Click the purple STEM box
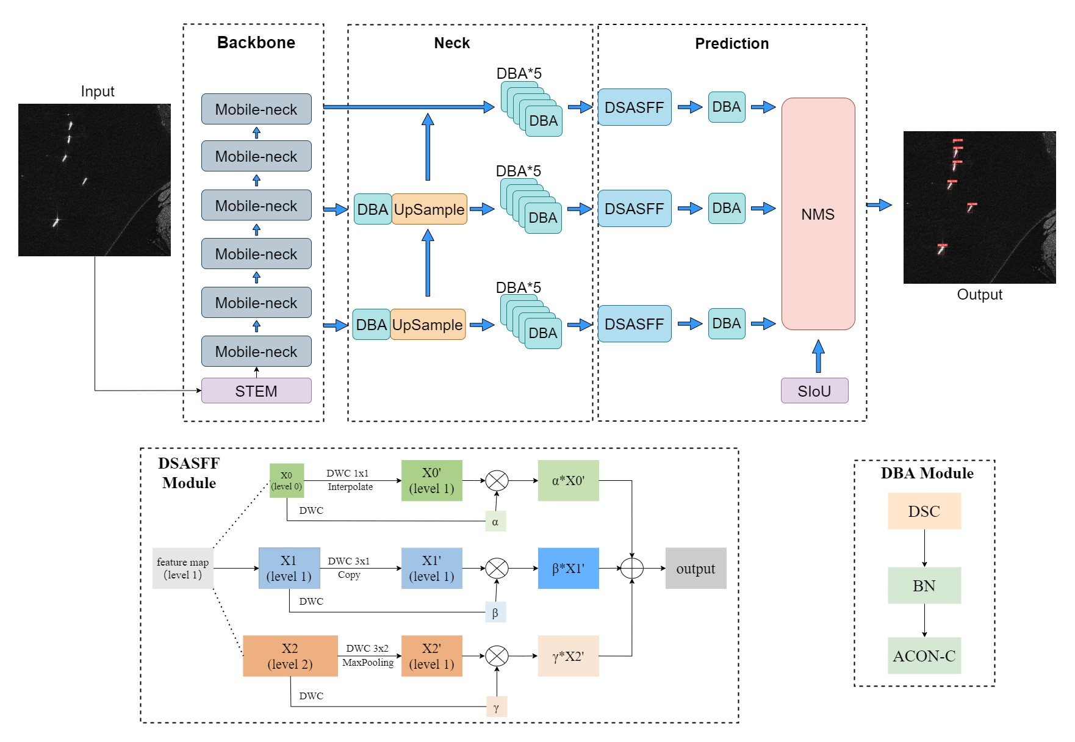click(256, 391)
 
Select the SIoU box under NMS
click(814, 391)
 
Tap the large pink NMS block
click(818, 214)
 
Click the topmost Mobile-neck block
click(256, 109)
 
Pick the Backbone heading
click(256, 43)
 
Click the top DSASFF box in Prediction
click(635, 107)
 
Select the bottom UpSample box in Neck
click(428, 325)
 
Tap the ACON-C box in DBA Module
click(924, 656)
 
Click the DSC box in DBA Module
click(924, 511)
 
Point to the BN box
click(924, 586)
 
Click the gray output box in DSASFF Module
click(696, 569)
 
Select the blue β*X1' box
click(568, 569)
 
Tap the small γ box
click(497, 707)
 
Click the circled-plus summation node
click(632, 569)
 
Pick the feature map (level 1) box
click(182, 569)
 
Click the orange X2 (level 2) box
click(290, 656)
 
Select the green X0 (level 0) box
click(287, 481)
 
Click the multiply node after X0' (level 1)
click(497, 481)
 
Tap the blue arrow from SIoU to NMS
click(818, 356)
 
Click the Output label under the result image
click(979, 295)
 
